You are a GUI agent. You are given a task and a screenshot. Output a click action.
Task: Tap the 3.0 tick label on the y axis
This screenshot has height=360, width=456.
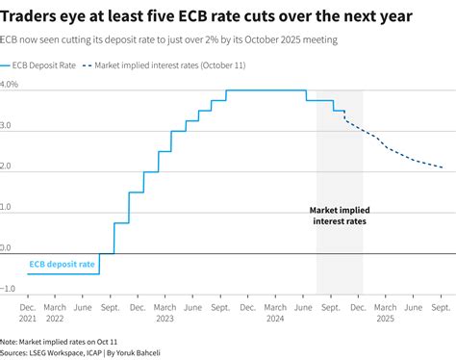[x=8, y=125]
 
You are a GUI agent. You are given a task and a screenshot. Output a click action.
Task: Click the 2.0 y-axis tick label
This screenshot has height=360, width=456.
[x=8, y=166]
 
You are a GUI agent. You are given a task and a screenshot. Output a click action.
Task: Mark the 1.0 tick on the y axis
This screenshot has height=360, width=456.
[x=8, y=207]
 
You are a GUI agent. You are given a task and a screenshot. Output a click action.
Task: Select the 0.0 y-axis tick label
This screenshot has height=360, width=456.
[x=8, y=247]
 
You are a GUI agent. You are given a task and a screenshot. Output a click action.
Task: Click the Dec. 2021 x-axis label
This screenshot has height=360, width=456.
[x=27, y=313]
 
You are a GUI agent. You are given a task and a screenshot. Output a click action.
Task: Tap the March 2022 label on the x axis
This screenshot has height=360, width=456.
[x=55, y=313]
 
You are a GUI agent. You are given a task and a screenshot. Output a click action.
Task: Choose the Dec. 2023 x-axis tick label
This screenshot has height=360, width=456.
[x=248, y=313]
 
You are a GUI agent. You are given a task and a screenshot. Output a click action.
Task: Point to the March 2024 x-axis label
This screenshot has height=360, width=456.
[x=276, y=313]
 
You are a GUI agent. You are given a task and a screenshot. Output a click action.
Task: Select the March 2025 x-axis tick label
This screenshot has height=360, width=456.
[x=386, y=313]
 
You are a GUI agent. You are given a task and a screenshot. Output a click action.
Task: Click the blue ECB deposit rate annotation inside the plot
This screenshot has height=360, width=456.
[x=62, y=263]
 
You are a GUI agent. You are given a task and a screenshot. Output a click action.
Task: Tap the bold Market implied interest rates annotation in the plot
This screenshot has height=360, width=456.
[x=340, y=215]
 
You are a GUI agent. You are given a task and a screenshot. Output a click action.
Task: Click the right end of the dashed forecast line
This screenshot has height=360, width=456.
[x=442, y=167]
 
